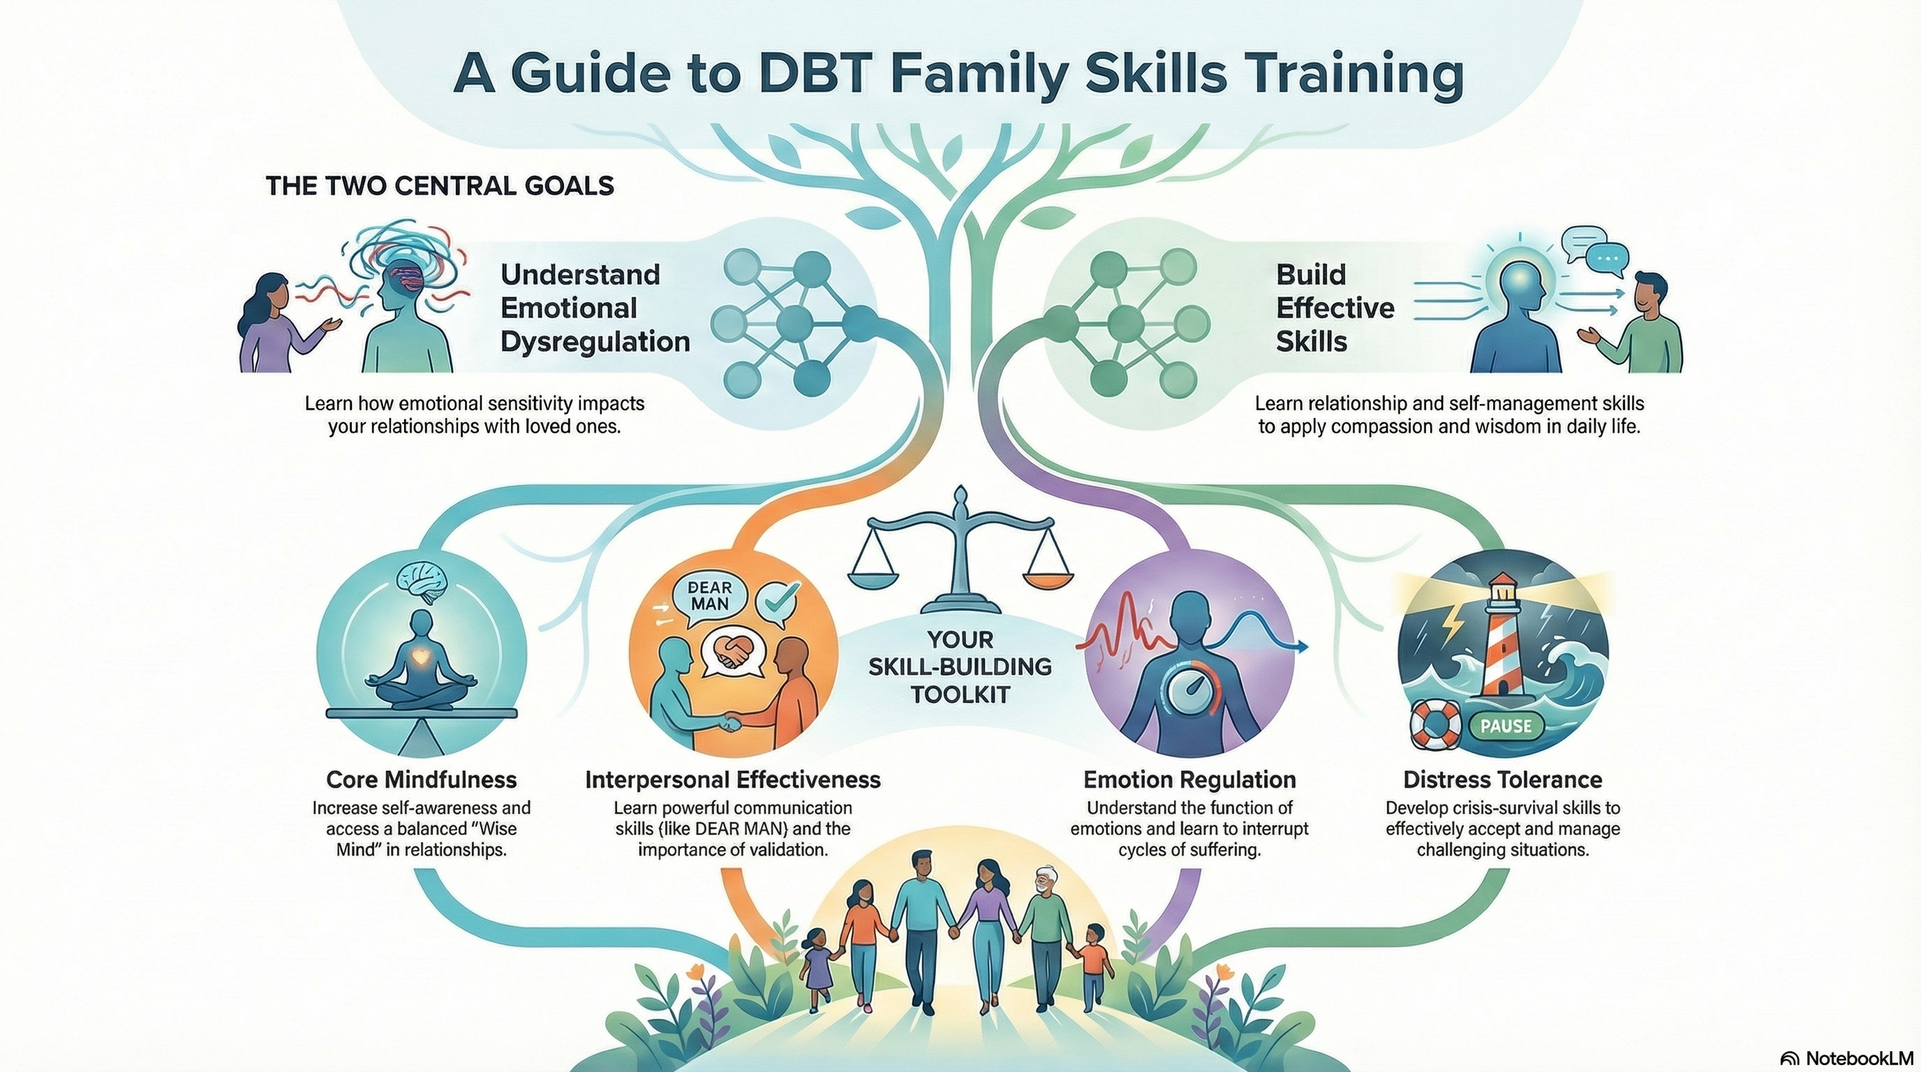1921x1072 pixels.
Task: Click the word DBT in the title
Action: (x=826, y=75)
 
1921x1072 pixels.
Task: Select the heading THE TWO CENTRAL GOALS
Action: (x=440, y=186)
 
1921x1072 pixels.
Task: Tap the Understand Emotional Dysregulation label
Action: (x=595, y=307)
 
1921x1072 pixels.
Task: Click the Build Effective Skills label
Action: (x=1335, y=307)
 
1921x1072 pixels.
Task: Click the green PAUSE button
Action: (x=1505, y=726)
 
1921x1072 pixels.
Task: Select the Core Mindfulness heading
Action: (x=421, y=780)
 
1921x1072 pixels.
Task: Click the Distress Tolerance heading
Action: (x=1502, y=780)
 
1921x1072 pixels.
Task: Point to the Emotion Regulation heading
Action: (x=1189, y=780)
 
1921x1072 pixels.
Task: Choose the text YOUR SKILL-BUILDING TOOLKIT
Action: (x=960, y=666)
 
